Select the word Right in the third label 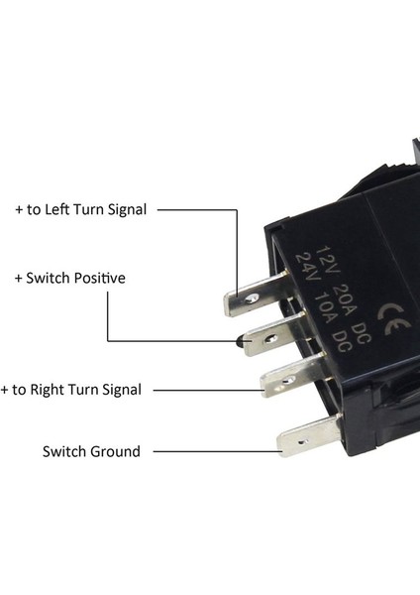(46, 390)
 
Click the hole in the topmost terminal (253, 297)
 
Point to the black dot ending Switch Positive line (241, 342)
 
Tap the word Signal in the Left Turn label (126, 209)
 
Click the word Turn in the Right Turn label (85, 390)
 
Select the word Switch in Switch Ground (62, 451)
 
